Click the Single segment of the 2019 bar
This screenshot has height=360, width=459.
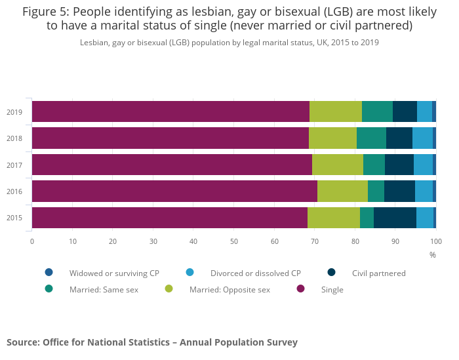(170, 111)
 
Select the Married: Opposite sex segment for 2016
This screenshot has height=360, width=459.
(342, 191)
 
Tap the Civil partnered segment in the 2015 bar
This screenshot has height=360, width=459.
(395, 218)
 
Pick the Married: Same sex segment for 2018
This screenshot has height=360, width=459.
(371, 138)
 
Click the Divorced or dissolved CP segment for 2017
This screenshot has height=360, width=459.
(423, 165)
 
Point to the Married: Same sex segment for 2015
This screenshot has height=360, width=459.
(367, 218)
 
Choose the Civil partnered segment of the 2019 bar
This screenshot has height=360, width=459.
(405, 111)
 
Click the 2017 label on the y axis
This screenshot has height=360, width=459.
(14, 165)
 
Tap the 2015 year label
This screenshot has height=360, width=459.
(14, 218)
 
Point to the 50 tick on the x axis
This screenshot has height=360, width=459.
(233, 241)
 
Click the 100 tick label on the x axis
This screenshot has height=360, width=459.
(435, 241)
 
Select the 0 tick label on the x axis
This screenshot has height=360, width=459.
(31, 241)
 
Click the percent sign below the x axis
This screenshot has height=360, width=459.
(432, 254)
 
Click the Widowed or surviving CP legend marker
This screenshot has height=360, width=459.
(49, 272)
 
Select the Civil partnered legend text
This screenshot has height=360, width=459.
(378, 273)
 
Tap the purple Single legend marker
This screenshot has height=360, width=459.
(300, 289)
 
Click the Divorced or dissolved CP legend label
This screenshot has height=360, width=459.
(255, 273)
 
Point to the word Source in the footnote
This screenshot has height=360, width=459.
(22, 342)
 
